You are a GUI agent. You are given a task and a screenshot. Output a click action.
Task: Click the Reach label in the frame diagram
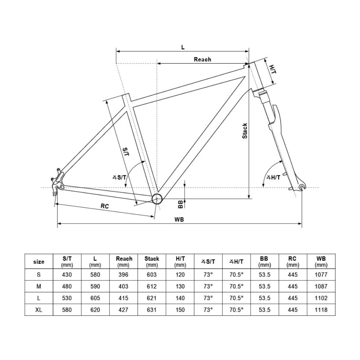(202, 59)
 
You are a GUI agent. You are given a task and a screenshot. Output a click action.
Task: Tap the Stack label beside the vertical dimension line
(245, 131)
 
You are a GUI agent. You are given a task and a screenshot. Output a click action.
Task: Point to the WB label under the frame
(179, 220)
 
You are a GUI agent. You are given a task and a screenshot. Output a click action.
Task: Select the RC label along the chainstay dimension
(105, 206)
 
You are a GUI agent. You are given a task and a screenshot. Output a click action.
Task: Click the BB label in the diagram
(180, 204)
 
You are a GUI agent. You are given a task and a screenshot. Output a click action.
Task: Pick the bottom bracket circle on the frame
(157, 199)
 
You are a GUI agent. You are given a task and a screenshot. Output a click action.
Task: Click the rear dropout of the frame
(57, 181)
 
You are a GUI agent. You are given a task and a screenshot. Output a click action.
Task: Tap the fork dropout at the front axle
(302, 186)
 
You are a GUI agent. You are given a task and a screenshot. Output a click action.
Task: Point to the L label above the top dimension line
(183, 47)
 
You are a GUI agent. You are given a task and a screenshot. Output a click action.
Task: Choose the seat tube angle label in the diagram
(119, 177)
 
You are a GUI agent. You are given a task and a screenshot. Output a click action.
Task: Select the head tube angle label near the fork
(273, 177)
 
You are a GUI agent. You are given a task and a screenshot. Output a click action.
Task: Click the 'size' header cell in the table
(39, 261)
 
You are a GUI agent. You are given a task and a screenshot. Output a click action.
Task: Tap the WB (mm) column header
(321, 261)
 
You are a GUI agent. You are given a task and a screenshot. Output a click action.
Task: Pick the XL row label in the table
(39, 310)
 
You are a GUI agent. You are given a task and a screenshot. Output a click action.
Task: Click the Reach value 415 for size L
(123, 298)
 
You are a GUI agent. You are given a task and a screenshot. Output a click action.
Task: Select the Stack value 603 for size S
(152, 275)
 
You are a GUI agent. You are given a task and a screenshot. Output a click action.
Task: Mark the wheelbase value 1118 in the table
(321, 310)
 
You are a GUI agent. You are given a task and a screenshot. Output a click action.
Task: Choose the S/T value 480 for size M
(67, 286)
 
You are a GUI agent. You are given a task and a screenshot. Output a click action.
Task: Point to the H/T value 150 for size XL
(180, 310)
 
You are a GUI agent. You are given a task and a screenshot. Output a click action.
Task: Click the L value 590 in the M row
(95, 286)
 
